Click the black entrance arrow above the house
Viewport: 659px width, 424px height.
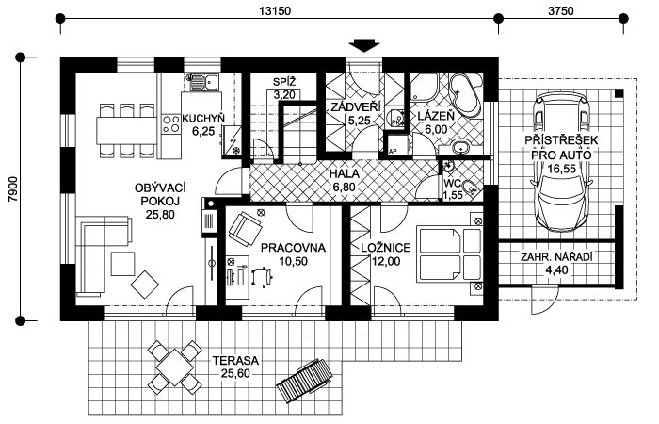point(364,45)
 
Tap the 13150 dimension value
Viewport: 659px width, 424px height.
point(275,11)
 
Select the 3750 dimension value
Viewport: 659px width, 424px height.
point(561,11)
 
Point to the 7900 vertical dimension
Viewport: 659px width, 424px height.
point(13,188)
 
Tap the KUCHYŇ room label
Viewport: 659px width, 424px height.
point(203,119)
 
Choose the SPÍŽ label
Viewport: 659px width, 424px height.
point(284,82)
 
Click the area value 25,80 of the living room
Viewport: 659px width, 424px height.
point(160,215)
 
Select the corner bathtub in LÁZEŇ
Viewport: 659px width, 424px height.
point(466,95)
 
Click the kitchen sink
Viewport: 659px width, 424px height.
point(202,83)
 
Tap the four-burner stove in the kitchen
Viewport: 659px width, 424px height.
point(170,123)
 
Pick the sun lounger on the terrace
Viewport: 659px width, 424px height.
point(304,381)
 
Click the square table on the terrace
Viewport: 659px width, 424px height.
point(174,367)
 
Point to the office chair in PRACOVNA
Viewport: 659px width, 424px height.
point(263,276)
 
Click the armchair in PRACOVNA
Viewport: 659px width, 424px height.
point(245,229)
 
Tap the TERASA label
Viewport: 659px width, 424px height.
point(235,361)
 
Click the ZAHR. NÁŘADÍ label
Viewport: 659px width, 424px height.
point(556,257)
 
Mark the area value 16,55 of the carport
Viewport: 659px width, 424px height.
point(561,169)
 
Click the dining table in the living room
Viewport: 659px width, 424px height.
point(127,130)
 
